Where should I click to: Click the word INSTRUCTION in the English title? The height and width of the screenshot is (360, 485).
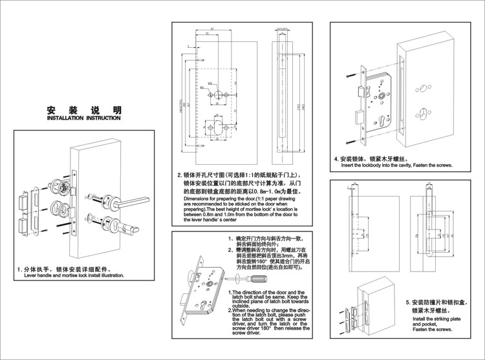coord(103,119)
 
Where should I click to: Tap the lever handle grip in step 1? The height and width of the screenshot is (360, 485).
coord(136,201)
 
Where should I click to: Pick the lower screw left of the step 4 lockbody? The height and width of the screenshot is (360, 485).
coord(350,140)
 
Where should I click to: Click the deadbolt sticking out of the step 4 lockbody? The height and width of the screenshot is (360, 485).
coord(358,119)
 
